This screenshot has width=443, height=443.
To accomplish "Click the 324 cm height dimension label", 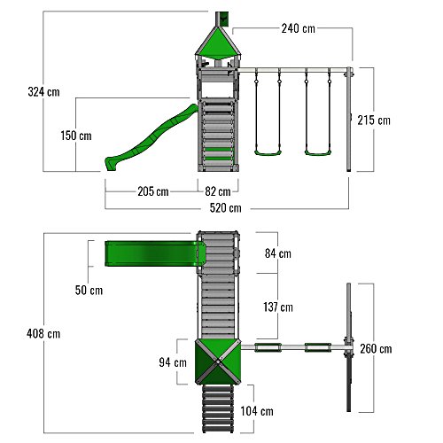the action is coord(43,92).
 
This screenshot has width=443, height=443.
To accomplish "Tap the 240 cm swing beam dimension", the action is coord(299,28).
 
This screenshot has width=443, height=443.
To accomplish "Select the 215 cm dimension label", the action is coord(374,120).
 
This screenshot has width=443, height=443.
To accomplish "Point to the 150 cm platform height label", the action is coord(76,136).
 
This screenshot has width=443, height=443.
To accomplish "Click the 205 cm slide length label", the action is coord(153,191).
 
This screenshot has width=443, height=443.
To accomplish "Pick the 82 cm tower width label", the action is coord(218,191).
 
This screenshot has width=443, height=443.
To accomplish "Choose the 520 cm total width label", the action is coord(226,208).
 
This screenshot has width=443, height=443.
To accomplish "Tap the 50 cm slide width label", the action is coord(89,290).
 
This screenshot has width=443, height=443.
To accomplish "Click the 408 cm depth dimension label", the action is coord(43,334).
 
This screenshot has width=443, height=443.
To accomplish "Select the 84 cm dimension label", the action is coord(278,253).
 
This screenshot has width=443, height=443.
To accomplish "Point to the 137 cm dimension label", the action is coord(278,307).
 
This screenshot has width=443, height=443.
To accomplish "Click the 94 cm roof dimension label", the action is coord(173,362).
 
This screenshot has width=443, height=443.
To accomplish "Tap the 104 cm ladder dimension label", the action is coord(257,411).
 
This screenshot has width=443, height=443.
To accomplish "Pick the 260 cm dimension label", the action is coord(376,349).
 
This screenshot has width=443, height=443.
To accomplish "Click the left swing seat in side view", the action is coord(268,153).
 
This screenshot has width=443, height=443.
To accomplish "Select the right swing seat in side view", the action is coord(318,153).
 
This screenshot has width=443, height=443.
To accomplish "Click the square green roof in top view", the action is coord(218,361).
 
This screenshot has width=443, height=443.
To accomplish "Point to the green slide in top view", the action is coord(155,253).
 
